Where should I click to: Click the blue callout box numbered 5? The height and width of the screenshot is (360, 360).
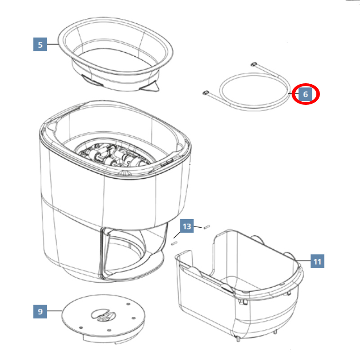[40, 44]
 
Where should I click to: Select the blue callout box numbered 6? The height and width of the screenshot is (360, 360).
[306, 94]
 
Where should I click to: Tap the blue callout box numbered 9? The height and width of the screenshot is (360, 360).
[40, 311]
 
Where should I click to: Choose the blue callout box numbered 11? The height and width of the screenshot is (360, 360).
[317, 261]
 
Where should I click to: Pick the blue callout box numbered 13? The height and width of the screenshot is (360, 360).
[187, 226]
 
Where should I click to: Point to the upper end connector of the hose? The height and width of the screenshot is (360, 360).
[254, 64]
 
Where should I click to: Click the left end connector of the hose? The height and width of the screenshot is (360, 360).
[206, 92]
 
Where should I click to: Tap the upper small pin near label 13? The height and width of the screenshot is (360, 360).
[207, 227]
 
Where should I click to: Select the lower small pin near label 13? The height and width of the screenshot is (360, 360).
[175, 243]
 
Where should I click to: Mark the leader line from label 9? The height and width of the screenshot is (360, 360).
[54, 311]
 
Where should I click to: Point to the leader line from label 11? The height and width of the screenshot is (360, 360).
[302, 261]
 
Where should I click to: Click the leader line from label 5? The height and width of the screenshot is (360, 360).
[53, 44]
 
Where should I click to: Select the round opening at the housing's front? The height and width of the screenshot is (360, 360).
[125, 250]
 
